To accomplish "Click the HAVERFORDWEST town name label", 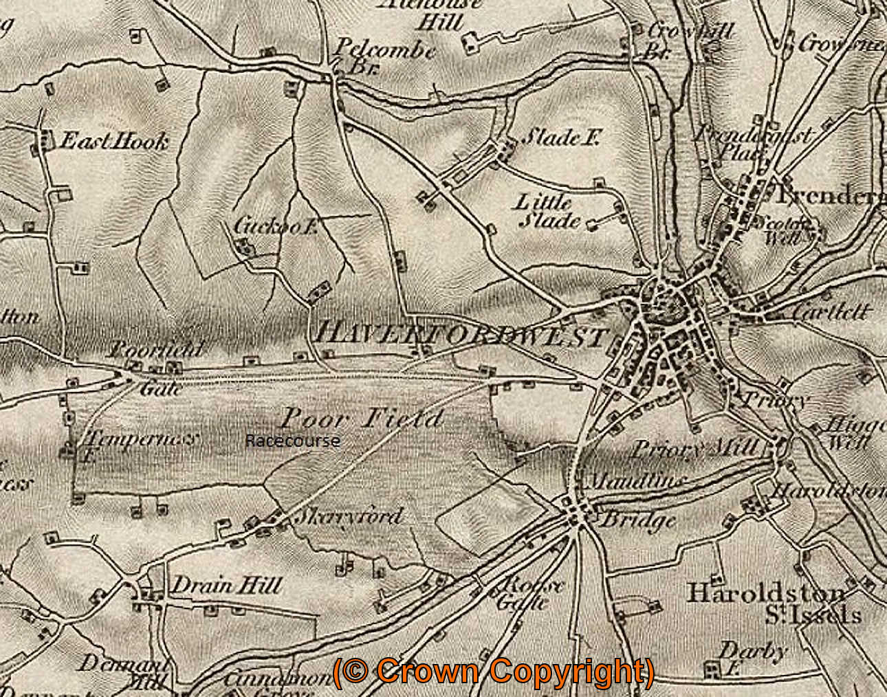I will pyautogui.click(x=461, y=335).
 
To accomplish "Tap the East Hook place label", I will pyautogui.click(x=114, y=142).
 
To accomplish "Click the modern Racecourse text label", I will pyautogui.click(x=292, y=441).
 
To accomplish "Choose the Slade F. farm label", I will pyautogui.click(x=561, y=137).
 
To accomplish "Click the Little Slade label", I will pyautogui.click(x=547, y=212).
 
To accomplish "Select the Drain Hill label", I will pyautogui.click(x=226, y=586).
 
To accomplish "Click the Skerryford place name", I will pyautogui.click(x=347, y=516).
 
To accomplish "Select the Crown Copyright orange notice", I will pyautogui.click(x=493, y=672).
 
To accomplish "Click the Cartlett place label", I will pyautogui.click(x=830, y=311).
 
